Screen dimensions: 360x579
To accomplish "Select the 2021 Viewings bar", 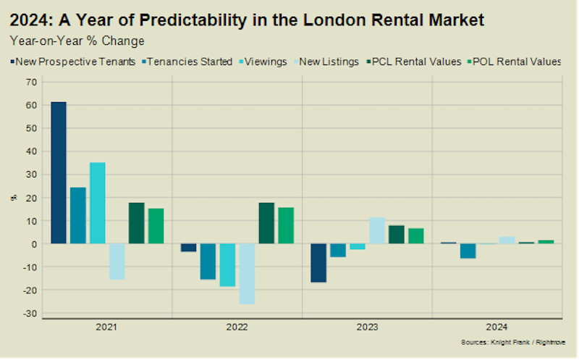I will point(98,203).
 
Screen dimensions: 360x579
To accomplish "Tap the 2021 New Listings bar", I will point(117,261).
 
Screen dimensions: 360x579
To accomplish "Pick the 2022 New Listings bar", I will point(247,273).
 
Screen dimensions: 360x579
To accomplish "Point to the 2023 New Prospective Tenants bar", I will point(318,262).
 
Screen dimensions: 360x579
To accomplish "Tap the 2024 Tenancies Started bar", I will point(468,251).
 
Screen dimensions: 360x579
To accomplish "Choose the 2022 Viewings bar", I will point(227,264).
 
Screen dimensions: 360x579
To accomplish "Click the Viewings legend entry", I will point(268,62).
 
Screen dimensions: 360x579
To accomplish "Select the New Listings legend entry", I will point(330,62).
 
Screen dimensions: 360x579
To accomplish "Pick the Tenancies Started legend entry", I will point(192,62).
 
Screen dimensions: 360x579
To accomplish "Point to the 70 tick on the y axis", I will point(31,82).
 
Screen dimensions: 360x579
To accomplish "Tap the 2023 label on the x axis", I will point(367,327).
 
